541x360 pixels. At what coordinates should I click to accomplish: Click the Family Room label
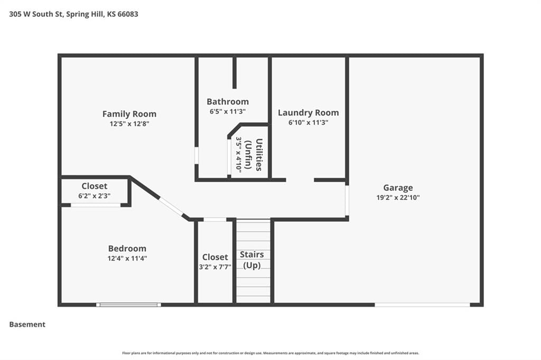tap(129, 114)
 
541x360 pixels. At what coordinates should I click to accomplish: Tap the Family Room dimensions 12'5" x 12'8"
tap(129, 124)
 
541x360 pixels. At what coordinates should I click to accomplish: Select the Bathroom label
tap(228, 102)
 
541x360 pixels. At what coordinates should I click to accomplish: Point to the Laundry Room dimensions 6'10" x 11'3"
tap(309, 122)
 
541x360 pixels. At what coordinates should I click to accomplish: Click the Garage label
tap(398, 188)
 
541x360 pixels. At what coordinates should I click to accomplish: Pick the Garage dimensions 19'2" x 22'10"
tap(398, 197)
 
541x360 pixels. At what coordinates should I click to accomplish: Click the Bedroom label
tap(127, 248)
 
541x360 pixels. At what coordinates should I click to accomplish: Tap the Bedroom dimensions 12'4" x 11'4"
tap(127, 258)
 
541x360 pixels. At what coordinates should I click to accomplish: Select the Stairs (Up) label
tap(252, 260)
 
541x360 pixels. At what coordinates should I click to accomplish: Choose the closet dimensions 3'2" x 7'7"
tap(215, 267)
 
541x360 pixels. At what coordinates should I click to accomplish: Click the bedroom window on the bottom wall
tap(128, 305)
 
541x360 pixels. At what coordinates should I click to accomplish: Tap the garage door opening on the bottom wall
tap(422, 305)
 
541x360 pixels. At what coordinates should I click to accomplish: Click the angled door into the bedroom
tap(172, 206)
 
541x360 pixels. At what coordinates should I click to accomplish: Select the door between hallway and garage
tap(347, 201)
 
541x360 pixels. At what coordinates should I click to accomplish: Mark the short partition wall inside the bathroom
tap(235, 73)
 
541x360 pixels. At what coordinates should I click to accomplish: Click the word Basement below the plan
tap(27, 325)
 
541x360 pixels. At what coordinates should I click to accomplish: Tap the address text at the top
tap(73, 14)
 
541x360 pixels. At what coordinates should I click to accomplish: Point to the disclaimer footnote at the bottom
tap(270, 353)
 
